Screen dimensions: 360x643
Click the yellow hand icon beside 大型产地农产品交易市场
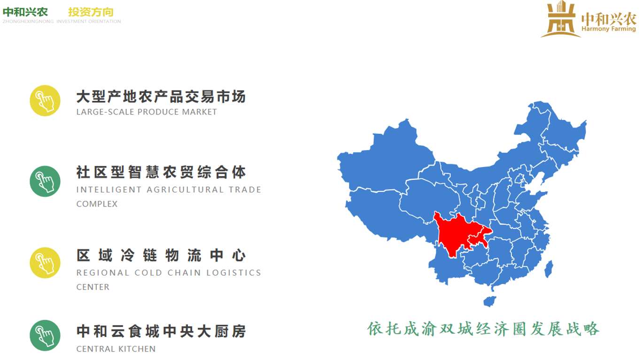click(45, 100)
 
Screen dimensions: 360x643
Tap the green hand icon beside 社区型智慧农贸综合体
click(45, 181)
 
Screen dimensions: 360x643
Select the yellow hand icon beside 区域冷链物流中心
click(45, 262)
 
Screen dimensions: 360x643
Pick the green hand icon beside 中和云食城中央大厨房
click(45, 335)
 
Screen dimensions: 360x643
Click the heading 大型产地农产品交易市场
click(161, 97)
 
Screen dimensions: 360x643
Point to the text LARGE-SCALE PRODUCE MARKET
click(147, 112)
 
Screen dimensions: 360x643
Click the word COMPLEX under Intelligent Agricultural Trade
click(97, 204)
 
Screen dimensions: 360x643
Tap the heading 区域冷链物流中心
click(161, 256)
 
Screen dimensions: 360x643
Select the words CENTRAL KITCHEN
click(116, 349)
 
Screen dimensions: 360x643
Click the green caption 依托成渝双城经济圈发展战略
click(483, 329)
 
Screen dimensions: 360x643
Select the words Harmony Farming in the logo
click(608, 29)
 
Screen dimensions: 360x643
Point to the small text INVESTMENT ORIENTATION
click(89, 22)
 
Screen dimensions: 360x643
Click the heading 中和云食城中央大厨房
click(161, 331)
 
